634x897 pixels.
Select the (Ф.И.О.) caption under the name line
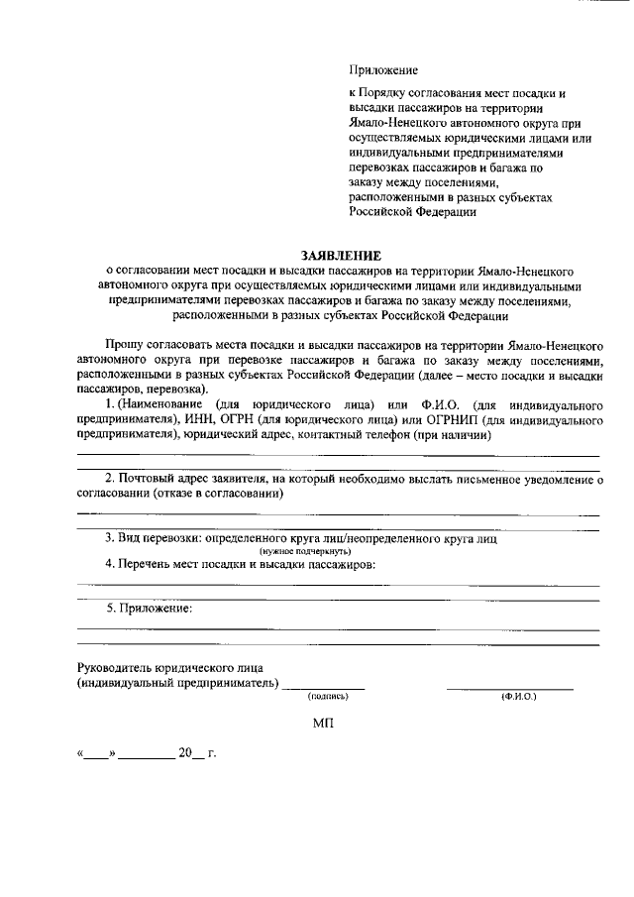(518, 697)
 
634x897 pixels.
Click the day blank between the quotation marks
(96, 756)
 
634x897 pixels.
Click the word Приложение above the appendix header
(383, 69)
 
